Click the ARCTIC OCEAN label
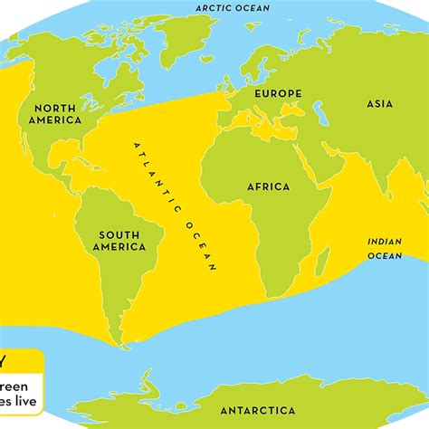tap(227, 8)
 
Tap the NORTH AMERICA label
tap(55, 113)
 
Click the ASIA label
tap(378, 104)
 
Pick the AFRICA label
tap(268, 186)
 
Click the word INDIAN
tap(385, 242)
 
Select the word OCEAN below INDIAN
tap(384, 256)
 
